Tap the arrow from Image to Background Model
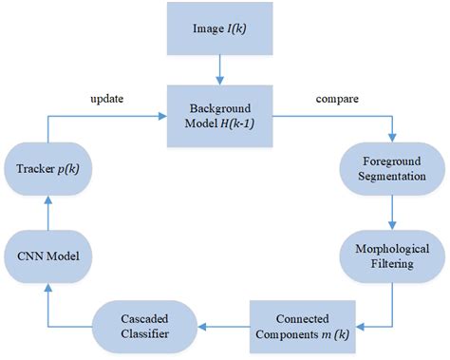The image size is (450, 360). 220,67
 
